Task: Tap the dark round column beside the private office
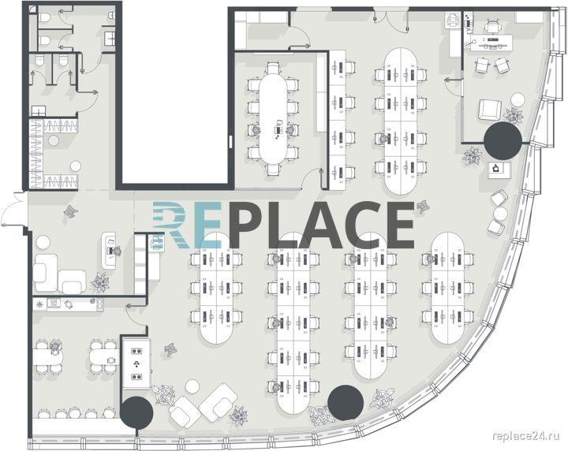tap(503, 141)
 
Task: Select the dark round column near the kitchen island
tap(136, 413)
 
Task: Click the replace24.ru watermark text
tap(526, 436)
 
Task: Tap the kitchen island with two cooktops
tap(136, 363)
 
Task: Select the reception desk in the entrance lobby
tap(108, 250)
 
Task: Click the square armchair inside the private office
tap(490, 110)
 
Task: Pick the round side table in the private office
tap(518, 100)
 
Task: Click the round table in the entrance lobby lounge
tap(43, 242)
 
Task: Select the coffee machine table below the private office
tap(499, 170)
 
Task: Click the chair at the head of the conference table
tap(273, 68)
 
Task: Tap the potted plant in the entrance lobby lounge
tap(100, 281)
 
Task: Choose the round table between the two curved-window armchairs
tap(500, 213)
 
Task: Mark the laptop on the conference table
tap(278, 124)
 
